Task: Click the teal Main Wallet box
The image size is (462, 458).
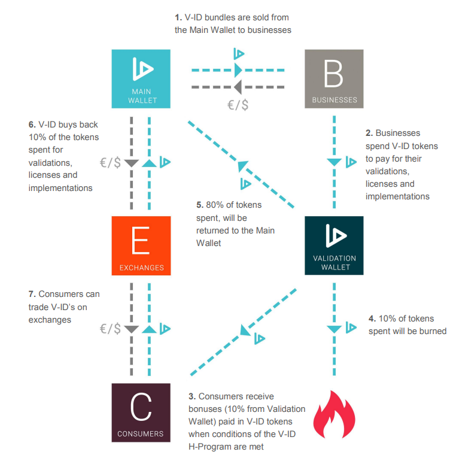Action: (x=141, y=78)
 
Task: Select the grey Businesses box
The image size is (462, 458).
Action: (x=334, y=78)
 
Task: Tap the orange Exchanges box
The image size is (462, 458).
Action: (x=141, y=245)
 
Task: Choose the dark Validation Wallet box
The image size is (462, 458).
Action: (x=334, y=245)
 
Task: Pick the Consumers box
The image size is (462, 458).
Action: (x=141, y=412)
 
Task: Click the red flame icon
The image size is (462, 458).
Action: (x=334, y=414)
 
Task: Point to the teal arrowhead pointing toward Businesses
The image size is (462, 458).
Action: (x=238, y=70)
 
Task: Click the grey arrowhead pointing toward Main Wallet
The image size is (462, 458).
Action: (x=238, y=87)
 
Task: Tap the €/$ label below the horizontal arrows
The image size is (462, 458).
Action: (x=238, y=105)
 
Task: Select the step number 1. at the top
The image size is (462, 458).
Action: (x=178, y=17)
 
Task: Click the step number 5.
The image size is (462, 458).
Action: (x=200, y=205)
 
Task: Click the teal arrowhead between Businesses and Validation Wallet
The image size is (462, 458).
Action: (x=334, y=162)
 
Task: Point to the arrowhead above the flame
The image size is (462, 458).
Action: (x=334, y=329)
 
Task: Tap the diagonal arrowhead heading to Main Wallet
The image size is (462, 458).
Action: (x=242, y=166)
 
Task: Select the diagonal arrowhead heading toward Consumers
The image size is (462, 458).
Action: (x=245, y=330)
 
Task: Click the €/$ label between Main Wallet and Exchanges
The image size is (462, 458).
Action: (x=111, y=162)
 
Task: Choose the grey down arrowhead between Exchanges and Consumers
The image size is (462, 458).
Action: (x=132, y=329)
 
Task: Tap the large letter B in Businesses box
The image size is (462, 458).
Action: (x=333, y=74)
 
